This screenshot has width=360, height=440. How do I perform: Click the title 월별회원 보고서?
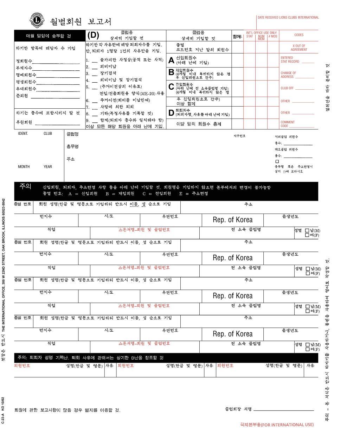(81, 22)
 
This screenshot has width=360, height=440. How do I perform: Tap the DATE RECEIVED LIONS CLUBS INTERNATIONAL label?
(288, 18)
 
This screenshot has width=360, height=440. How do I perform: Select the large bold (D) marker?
(93, 35)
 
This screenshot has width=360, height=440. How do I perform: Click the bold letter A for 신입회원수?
(171, 60)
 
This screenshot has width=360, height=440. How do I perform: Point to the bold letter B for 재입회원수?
(171, 72)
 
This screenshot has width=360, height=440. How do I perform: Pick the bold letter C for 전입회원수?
(171, 87)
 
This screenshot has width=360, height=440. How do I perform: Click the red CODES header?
(299, 35)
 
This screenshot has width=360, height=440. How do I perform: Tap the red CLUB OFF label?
(287, 88)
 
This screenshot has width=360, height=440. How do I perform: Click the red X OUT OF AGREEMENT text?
(299, 48)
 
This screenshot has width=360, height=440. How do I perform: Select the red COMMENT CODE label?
(287, 124)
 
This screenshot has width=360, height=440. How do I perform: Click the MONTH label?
(24, 167)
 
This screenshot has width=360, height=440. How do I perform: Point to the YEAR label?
(48, 167)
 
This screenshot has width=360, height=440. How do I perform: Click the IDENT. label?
(23, 134)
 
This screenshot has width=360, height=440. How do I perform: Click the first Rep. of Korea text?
(232, 220)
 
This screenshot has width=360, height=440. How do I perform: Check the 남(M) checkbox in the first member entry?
(307, 231)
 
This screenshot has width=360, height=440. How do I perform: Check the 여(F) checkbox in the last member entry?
(308, 349)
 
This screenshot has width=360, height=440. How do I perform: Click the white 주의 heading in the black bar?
(25, 186)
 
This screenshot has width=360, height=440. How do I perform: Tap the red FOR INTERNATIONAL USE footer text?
(277, 425)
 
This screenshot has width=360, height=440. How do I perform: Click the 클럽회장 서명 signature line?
(283, 410)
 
